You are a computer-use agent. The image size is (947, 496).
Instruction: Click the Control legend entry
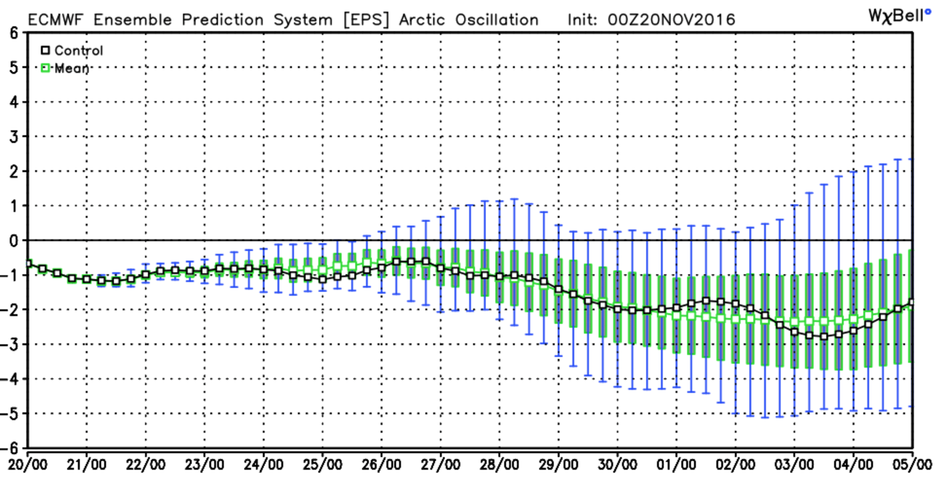pyautogui.click(x=72, y=51)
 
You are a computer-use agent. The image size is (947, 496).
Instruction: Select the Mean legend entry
pyautogui.click(x=65, y=69)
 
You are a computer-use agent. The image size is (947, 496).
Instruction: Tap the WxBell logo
pyautogui.click(x=899, y=16)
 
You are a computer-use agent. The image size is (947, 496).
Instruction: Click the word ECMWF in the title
pyautogui.click(x=55, y=20)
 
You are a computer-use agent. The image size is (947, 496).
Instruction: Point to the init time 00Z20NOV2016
pyautogui.click(x=671, y=20)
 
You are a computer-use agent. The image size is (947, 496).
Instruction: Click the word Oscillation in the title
pyautogui.click(x=497, y=20)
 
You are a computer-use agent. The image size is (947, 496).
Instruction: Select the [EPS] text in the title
pyautogui.click(x=366, y=20)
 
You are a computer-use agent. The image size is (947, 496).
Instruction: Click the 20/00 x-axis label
pyautogui.click(x=28, y=465)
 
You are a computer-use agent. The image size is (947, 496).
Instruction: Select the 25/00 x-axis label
pyautogui.click(x=322, y=465)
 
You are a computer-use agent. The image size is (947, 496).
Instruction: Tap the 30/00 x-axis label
pyautogui.click(x=617, y=465)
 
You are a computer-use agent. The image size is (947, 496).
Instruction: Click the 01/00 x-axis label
pyautogui.click(x=676, y=465)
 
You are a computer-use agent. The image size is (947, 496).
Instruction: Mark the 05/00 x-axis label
pyautogui.click(x=912, y=465)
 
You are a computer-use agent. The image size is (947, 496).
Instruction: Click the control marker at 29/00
pyautogui.click(x=559, y=290)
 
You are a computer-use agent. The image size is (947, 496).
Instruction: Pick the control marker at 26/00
pyautogui.click(x=382, y=268)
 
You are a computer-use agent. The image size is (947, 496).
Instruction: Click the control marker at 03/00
pyautogui.click(x=794, y=332)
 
